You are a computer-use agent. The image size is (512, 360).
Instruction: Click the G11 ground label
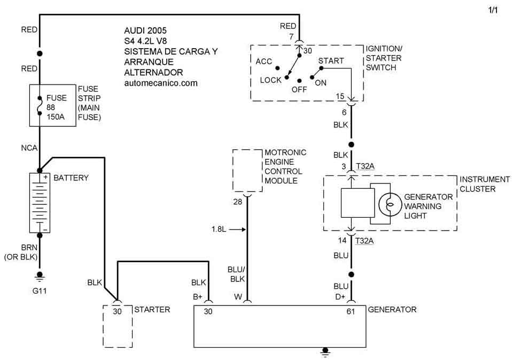pyautogui.click(x=39, y=292)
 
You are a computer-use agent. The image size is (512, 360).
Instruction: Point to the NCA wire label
pyautogui.click(x=29, y=148)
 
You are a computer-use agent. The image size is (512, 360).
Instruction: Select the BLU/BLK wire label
pyautogui.click(x=237, y=274)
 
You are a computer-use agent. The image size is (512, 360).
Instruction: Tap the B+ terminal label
pyautogui.click(x=197, y=296)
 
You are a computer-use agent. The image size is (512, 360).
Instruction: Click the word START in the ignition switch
pyautogui.click(x=331, y=61)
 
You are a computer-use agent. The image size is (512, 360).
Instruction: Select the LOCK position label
pyautogui.click(x=270, y=80)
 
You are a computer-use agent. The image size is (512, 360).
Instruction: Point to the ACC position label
pyautogui.click(x=264, y=62)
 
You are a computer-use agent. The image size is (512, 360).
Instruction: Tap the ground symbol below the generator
pyautogui.click(x=324, y=351)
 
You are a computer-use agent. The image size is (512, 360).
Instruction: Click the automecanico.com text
pyautogui.click(x=160, y=83)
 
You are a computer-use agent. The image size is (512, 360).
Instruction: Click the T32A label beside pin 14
pyautogui.click(x=364, y=240)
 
